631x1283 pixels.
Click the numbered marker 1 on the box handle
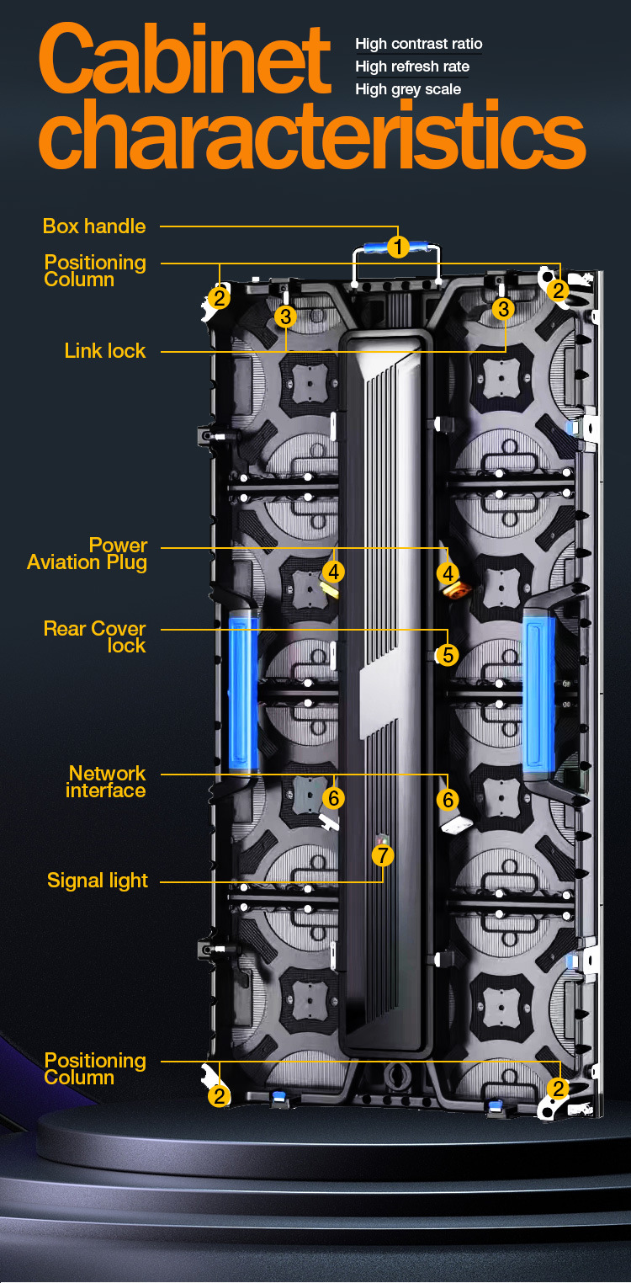point(398,247)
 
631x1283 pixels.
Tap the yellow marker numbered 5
point(448,654)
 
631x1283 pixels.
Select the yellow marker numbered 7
point(383,855)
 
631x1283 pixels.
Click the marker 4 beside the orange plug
point(448,572)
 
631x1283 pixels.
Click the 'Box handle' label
point(94,226)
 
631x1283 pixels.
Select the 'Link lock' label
point(105,351)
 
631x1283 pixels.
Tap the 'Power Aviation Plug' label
point(87,554)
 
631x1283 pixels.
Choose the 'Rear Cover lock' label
point(95,637)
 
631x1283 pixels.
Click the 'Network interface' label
point(106,782)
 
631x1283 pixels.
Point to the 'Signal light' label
point(98,881)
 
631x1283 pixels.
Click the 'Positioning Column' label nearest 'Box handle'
point(95,271)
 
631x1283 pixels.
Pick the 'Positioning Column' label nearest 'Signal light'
point(95,1069)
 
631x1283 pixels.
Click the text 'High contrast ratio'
point(419,44)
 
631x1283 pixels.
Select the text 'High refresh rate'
point(412,67)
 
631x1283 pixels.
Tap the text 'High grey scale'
point(408,89)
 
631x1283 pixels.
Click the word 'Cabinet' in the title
point(185,61)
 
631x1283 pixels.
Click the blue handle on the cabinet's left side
point(243,692)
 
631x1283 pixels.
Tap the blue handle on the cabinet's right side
point(538,693)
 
